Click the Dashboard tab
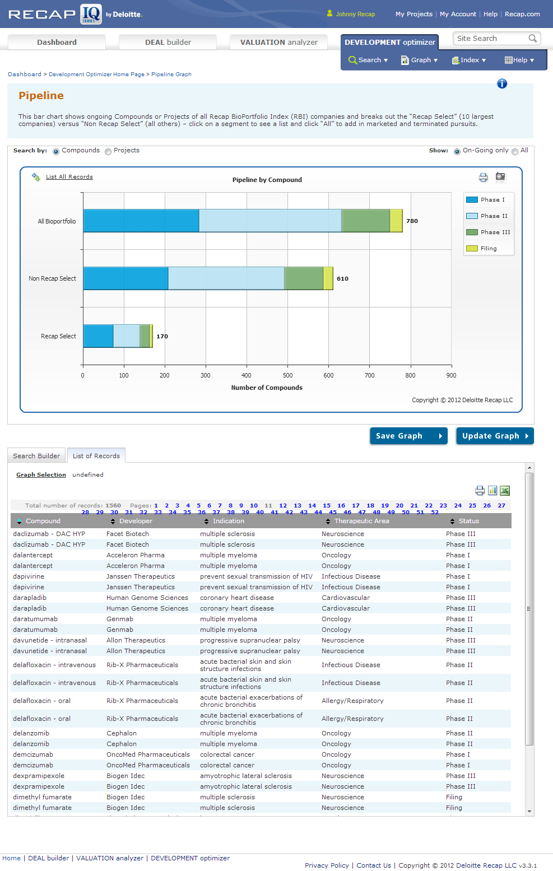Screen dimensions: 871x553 point(57,42)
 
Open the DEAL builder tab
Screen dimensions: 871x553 point(168,42)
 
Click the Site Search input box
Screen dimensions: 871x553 point(491,39)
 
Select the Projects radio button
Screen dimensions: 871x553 point(108,151)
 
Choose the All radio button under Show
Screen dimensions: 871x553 point(515,151)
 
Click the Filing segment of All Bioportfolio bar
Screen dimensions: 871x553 point(396,221)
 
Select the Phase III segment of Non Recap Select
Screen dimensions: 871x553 point(304,278)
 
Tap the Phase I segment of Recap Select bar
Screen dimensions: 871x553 point(98,336)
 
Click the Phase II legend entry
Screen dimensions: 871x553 point(488,216)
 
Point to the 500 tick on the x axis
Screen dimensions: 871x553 point(287,375)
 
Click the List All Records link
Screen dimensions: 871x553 point(69,177)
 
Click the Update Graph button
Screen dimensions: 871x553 point(495,436)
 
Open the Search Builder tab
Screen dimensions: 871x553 point(36,456)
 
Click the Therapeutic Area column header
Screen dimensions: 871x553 point(361,521)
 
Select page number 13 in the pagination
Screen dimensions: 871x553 point(298,505)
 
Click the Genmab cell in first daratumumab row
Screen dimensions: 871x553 point(120,619)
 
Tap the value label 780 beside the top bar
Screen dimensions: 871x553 point(412,221)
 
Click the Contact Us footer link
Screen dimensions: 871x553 point(374,865)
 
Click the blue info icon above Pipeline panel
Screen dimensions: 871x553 point(502,83)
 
